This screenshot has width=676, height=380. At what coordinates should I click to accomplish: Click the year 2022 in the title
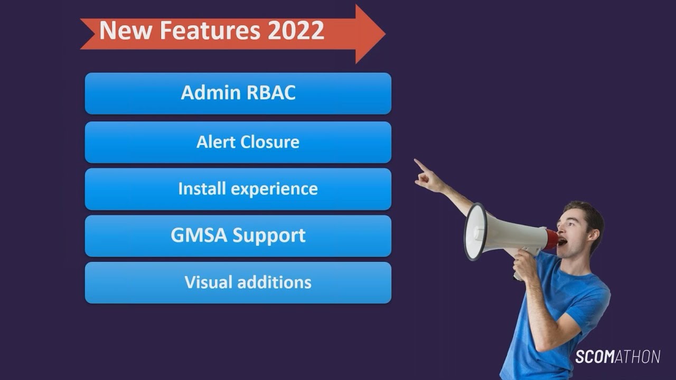296,31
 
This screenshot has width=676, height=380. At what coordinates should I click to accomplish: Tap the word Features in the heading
210,31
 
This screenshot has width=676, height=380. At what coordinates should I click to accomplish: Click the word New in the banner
125,31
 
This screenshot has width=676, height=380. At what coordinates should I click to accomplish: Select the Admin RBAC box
238,93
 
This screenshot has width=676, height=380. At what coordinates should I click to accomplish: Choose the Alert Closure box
238,142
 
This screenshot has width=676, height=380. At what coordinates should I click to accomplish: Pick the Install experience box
238,189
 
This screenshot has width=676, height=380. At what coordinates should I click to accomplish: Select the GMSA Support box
238,235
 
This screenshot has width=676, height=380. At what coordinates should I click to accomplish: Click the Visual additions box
238,282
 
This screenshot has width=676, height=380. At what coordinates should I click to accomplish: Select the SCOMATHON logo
617,357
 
